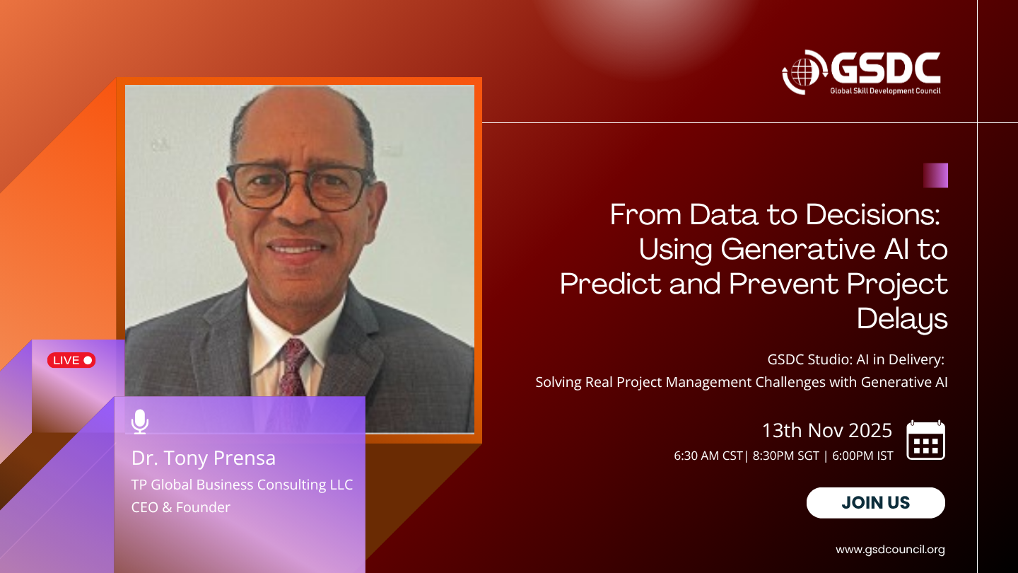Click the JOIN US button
(875, 502)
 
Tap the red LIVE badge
(71, 360)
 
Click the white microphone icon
(140, 422)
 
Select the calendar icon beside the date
(926, 440)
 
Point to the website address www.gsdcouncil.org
(890, 550)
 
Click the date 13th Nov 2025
(827, 430)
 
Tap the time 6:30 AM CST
(708, 456)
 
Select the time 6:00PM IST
(862, 456)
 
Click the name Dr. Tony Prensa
(204, 458)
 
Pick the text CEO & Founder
(181, 507)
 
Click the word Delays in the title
(902, 319)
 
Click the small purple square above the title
(936, 175)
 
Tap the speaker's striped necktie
(293, 367)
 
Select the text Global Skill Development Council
(885, 91)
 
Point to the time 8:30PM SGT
(786, 456)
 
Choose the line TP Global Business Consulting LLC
(242, 485)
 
